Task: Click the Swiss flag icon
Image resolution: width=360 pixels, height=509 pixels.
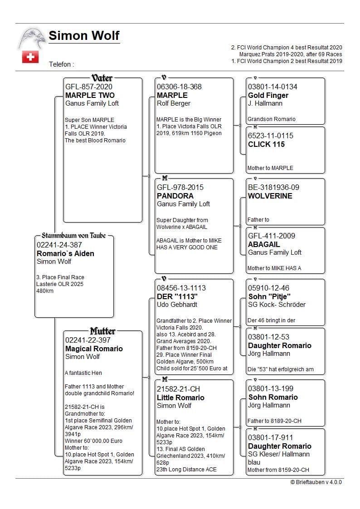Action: pyautogui.click(x=30, y=57)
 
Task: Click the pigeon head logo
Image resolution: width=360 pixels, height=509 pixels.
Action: pyautogui.click(x=32, y=38)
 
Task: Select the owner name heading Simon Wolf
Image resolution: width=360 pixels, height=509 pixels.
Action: pyautogui.click(x=84, y=36)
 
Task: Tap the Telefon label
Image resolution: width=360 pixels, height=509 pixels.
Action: pyautogui.click(x=61, y=64)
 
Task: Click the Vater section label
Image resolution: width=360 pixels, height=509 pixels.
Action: pyautogui.click(x=102, y=78)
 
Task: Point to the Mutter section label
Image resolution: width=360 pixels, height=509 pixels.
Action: pyautogui.click(x=102, y=331)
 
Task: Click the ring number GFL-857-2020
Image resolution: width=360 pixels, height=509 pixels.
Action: pyautogui.click(x=89, y=87)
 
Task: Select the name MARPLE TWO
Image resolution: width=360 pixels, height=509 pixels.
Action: pyautogui.click(x=90, y=95)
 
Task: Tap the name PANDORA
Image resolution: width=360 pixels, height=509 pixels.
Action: pyautogui.click(x=175, y=196)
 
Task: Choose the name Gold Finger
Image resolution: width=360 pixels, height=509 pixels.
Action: pyautogui.click(x=268, y=95)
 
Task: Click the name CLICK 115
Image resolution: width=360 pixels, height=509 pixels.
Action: pyautogui.click(x=266, y=144)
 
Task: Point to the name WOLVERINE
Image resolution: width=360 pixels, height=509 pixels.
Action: pyautogui.click(x=270, y=196)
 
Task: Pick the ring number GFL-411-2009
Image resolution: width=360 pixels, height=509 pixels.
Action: pyautogui.click(x=271, y=236)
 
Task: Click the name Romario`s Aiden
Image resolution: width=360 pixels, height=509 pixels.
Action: pyautogui.click(x=65, y=253)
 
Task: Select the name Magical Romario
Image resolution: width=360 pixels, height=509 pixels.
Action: pyautogui.click(x=94, y=349)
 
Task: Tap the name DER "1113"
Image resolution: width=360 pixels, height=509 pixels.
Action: pyautogui.click(x=177, y=296)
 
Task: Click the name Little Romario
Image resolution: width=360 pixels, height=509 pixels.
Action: pyautogui.click(x=180, y=398)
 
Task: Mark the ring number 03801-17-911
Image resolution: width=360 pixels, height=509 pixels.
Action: pyautogui.click(x=270, y=437)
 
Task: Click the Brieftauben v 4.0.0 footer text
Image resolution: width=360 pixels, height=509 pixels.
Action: pyautogui.click(x=316, y=482)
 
